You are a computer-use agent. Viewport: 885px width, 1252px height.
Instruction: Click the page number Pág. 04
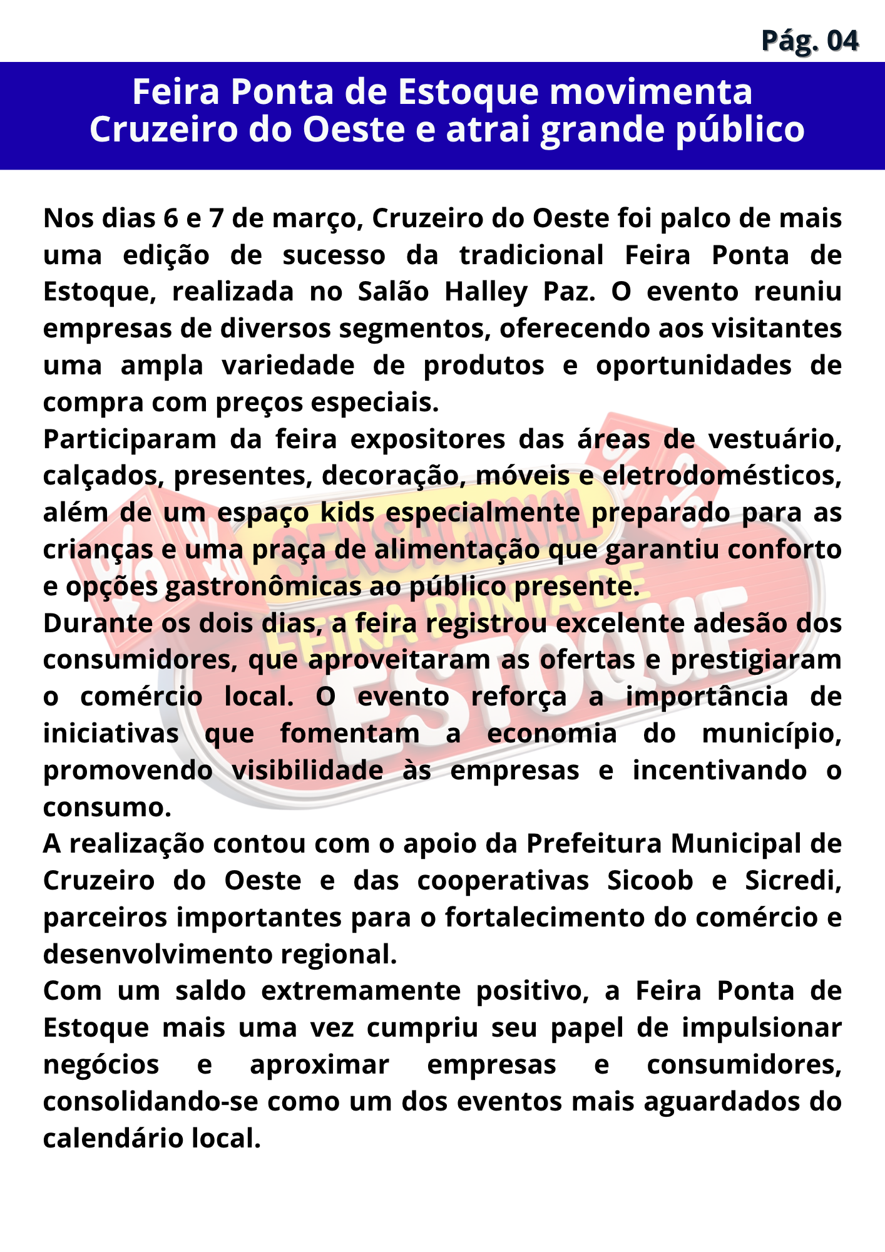click(810, 41)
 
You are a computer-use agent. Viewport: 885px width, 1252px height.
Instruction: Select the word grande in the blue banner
click(601, 130)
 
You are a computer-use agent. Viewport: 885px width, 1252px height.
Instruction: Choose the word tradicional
click(531, 255)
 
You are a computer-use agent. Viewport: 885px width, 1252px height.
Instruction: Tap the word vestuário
click(774, 439)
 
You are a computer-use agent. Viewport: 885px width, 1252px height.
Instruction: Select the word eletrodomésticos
click(722, 476)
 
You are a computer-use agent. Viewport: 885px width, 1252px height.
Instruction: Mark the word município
click(772, 734)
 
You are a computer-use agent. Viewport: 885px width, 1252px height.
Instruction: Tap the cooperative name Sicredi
click(793, 881)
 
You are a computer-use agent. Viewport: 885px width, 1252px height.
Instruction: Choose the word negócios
click(101, 1065)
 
